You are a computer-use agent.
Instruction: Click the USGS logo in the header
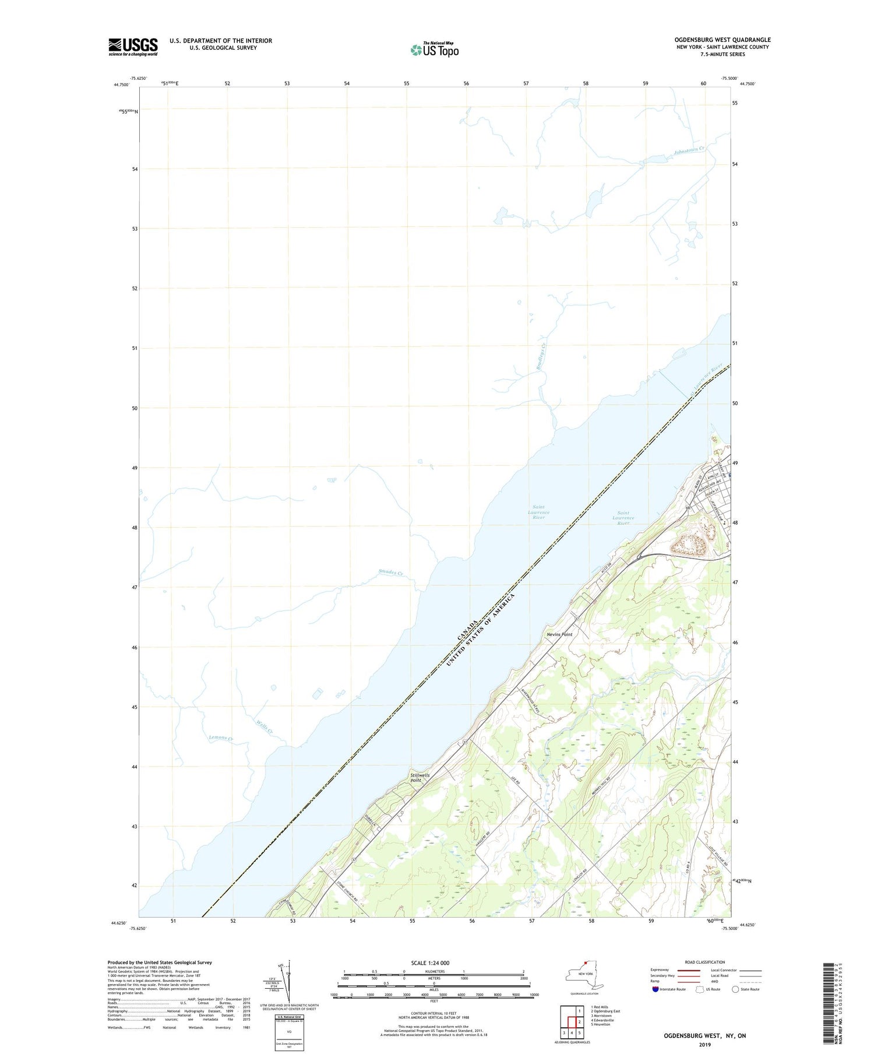click(133, 47)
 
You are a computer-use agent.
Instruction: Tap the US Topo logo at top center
click(434, 50)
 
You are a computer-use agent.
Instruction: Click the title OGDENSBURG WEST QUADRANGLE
click(722, 40)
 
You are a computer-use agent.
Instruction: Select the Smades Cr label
click(390, 573)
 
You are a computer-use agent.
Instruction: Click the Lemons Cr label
click(221, 739)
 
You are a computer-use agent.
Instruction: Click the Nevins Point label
click(559, 634)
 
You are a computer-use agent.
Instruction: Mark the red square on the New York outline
click(586, 963)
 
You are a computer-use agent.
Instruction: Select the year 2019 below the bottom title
click(704, 1045)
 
